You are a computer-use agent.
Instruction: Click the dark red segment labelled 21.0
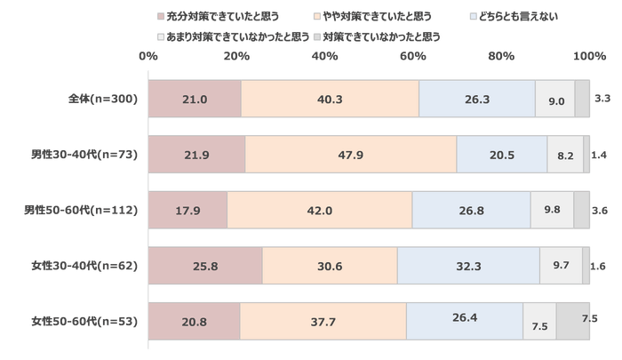tap(194, 99)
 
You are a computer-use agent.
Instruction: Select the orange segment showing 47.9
tap(350, 155)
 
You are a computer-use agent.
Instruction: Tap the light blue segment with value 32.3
tap(468, 265)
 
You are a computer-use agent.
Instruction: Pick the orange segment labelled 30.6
tap(329, 265)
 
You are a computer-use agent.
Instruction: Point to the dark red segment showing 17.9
tap(187, 210)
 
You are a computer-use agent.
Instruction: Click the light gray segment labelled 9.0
tap(555, 99)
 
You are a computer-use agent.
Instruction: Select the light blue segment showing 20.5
tap(501, 155)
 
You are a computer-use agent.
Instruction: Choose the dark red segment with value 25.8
tap(204, 265)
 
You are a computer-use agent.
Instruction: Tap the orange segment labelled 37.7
tap(322, 321)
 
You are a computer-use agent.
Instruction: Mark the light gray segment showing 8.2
tap(564, 155)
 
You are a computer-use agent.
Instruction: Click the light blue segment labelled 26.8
tap(470, 210)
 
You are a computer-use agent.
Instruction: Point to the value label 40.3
tap(330, 100)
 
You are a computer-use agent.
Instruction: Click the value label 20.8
tap(194, 322)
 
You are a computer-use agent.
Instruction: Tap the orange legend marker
tap(317, 16)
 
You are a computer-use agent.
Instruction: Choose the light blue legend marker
tap(474, 16)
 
